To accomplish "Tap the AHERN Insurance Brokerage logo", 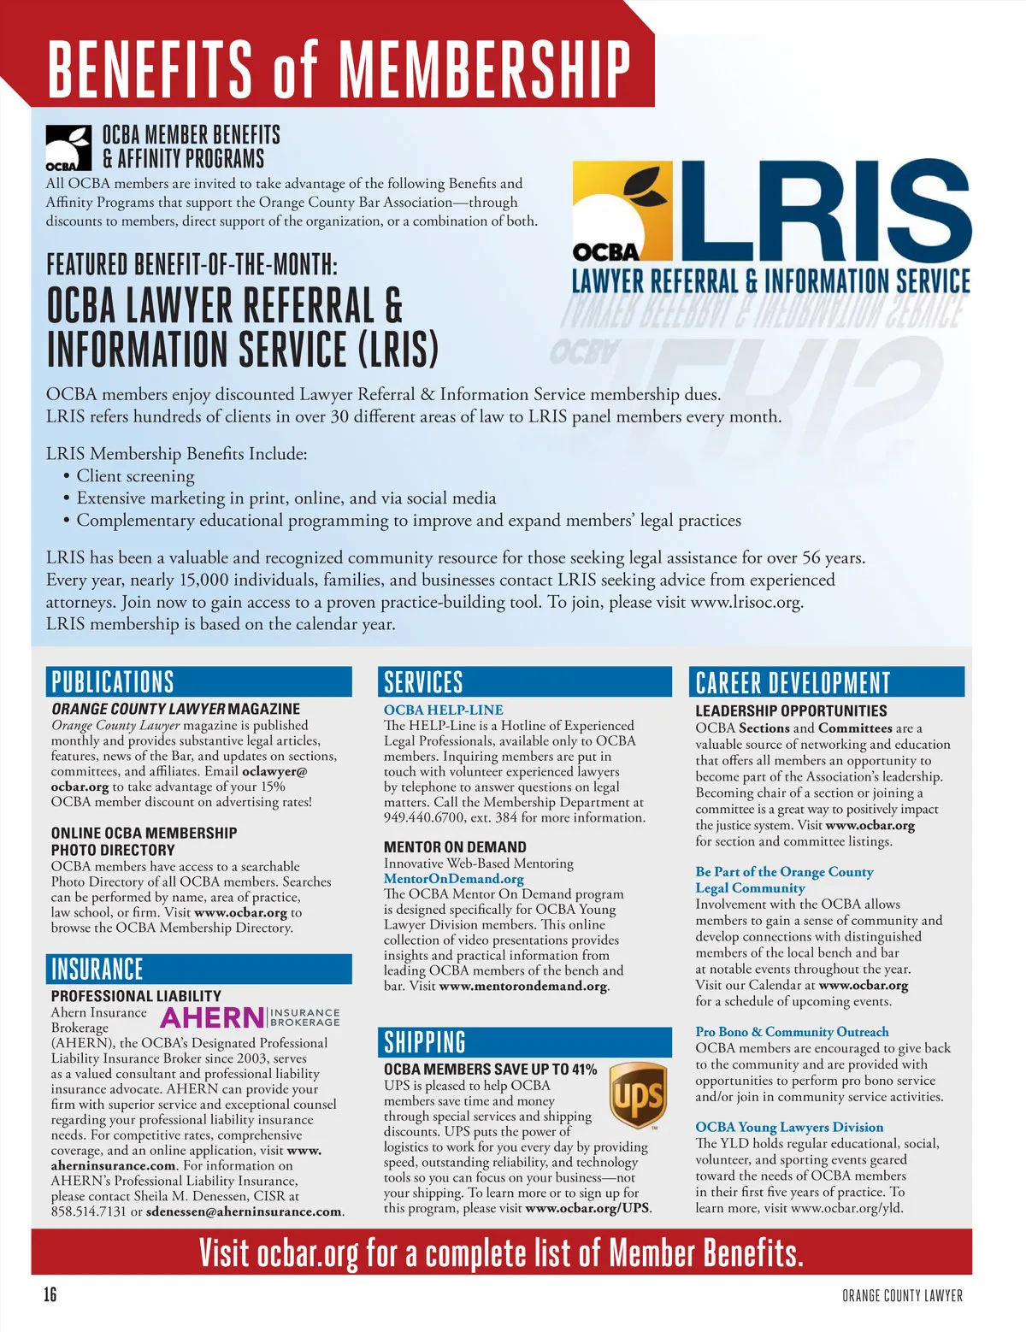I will [250, 1017].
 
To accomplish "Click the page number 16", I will [50, 1294].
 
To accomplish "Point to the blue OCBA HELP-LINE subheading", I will [443, 710].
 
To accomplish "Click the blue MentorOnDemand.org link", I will [453, 879].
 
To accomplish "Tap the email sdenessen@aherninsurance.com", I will [244, 1211].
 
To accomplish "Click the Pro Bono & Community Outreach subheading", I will [792, 1032].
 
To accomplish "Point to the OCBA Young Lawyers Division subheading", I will [789, 1127].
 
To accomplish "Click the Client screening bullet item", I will [135, 476].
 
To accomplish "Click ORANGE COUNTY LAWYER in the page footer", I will [902, 1296].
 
